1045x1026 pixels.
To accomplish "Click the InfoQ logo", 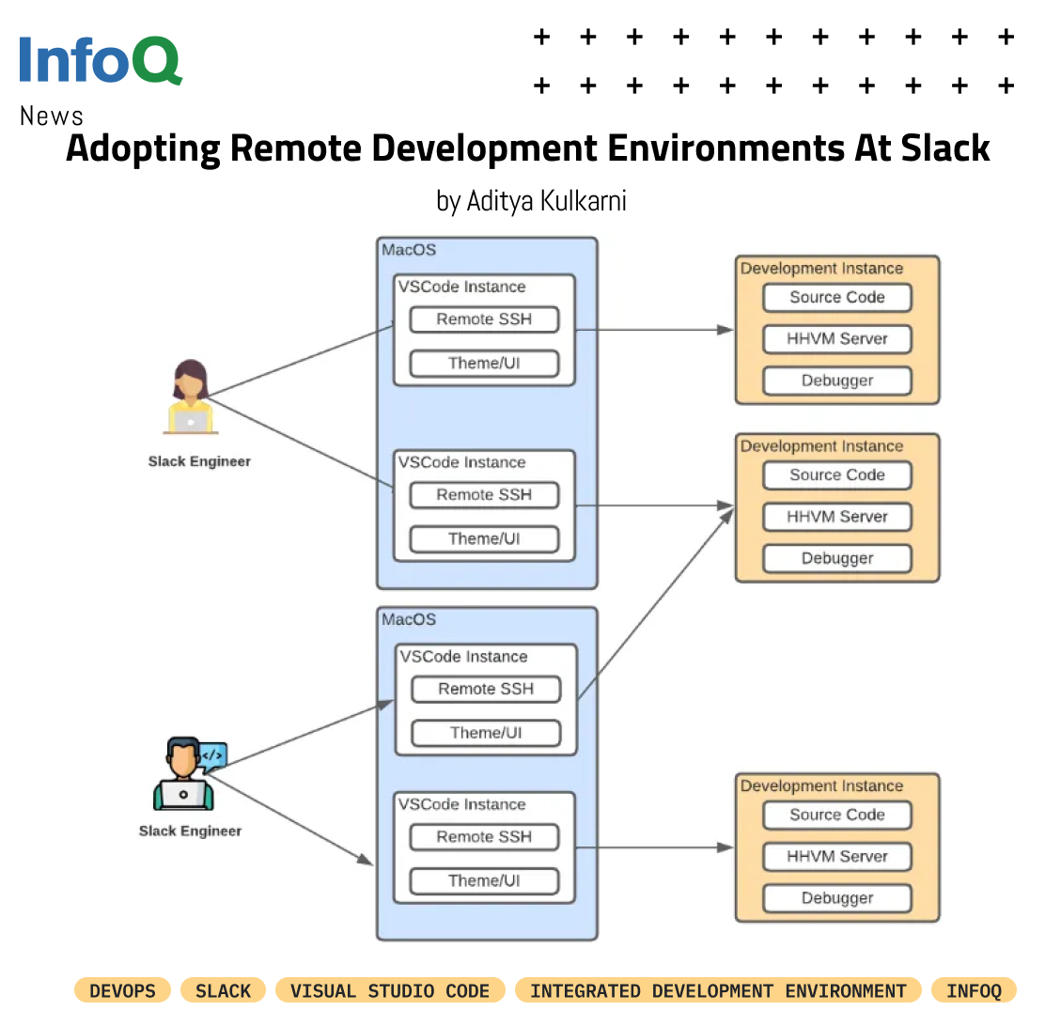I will (100, 60).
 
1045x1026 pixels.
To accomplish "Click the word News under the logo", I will (51, 117).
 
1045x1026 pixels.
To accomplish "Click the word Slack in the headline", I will (945, 148).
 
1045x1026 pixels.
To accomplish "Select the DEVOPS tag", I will (122, 990).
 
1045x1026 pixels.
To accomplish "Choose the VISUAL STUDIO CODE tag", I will (390, 990).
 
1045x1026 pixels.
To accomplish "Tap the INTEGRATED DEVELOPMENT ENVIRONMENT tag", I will (718, 990).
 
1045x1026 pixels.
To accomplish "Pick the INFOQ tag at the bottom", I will (974, 990).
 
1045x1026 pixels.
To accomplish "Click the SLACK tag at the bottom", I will (223, 990).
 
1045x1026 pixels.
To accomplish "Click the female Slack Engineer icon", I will (191, 396).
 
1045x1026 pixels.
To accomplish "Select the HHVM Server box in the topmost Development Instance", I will (836, 339).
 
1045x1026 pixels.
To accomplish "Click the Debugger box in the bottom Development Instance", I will (836, 898).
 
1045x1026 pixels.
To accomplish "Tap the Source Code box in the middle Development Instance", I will (836, 475).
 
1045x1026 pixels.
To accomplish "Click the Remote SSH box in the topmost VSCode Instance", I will (484, 319).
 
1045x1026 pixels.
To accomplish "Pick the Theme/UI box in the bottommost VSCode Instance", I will (484, 881).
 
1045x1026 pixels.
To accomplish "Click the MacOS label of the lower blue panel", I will (409, 620).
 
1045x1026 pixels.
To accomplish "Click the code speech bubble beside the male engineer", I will (213, 754).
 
